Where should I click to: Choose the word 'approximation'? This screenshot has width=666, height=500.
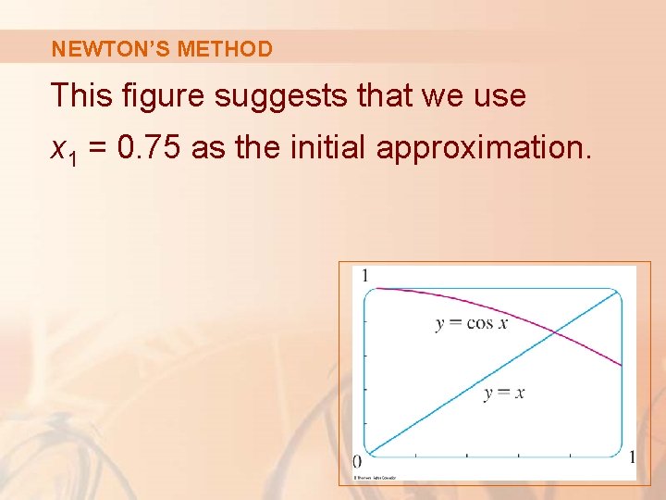pos(484,146)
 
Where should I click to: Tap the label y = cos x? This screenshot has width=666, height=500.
pos(472,323)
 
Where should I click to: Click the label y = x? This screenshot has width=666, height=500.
pos(504,393)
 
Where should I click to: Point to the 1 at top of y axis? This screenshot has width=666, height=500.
pos(365,275)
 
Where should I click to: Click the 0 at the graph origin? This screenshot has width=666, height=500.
pos(357,460)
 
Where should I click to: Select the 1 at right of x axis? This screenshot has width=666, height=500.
pos(632,456)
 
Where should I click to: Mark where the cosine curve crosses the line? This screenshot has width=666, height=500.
pos(553,332)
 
